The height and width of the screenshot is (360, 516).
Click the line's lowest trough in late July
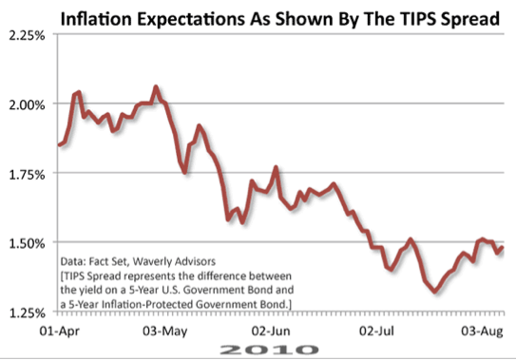(x=435, y=292)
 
